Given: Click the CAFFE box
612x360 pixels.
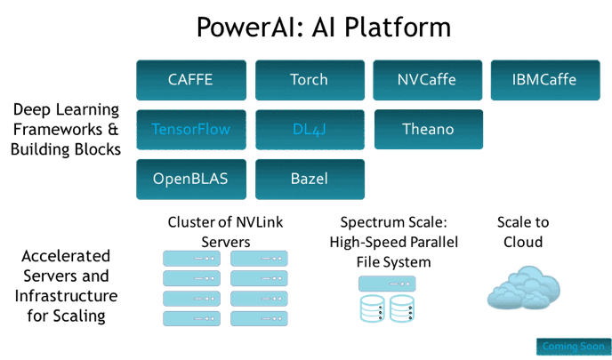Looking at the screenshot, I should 190,80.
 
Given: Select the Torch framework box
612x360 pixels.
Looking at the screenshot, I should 310,80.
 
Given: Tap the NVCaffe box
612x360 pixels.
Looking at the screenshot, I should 427,80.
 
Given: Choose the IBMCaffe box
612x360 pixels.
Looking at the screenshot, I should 544,80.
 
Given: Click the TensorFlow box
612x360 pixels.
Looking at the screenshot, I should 190,130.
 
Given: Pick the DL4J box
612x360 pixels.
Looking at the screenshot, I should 310,130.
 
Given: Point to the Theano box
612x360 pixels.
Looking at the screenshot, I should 427,130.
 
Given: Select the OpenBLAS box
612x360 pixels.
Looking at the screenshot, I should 190,180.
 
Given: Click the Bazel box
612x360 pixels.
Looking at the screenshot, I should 310,180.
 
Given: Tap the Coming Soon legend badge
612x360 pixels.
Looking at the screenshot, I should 572,346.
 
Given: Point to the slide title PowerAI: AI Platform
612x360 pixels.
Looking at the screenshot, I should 324,28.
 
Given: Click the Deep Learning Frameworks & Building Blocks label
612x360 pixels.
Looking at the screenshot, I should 67,130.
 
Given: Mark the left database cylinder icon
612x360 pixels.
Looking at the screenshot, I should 372,308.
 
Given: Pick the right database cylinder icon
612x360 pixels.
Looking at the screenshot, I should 400,308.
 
